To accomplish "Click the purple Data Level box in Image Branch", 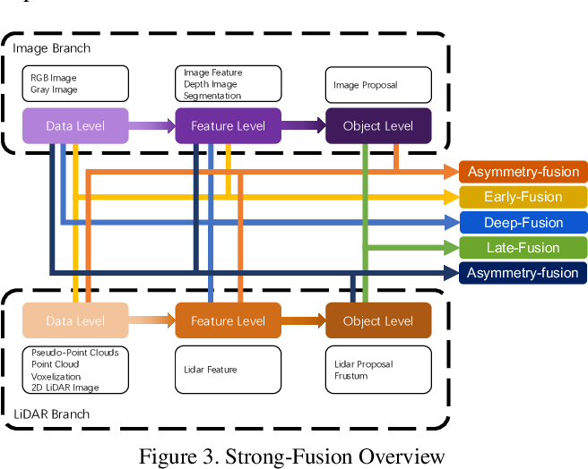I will pos(76,126).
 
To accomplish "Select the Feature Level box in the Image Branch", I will pos(228,126).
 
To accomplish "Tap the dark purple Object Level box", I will pos(377,126).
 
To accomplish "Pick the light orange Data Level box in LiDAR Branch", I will pos(76,320).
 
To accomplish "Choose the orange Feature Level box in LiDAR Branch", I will pos(228,320).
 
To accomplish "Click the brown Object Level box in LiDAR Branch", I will pos(377,320).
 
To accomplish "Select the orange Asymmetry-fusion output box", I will pos(523,172).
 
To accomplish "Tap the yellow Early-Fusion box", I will pos(523,197).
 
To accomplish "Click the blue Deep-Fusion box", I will pos(523,222).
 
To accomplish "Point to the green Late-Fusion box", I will pos(523,248).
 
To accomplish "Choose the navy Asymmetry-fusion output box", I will pos(523,273).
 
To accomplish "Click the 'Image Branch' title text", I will pos(51,47).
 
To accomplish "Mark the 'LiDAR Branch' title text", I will pos(51,415).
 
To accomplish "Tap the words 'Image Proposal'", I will pos(365,86).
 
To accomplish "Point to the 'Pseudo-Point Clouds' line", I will pos(74,353).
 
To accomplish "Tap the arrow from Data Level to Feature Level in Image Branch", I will pos(152,126).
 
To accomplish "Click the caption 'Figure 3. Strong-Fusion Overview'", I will pos(292,456).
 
